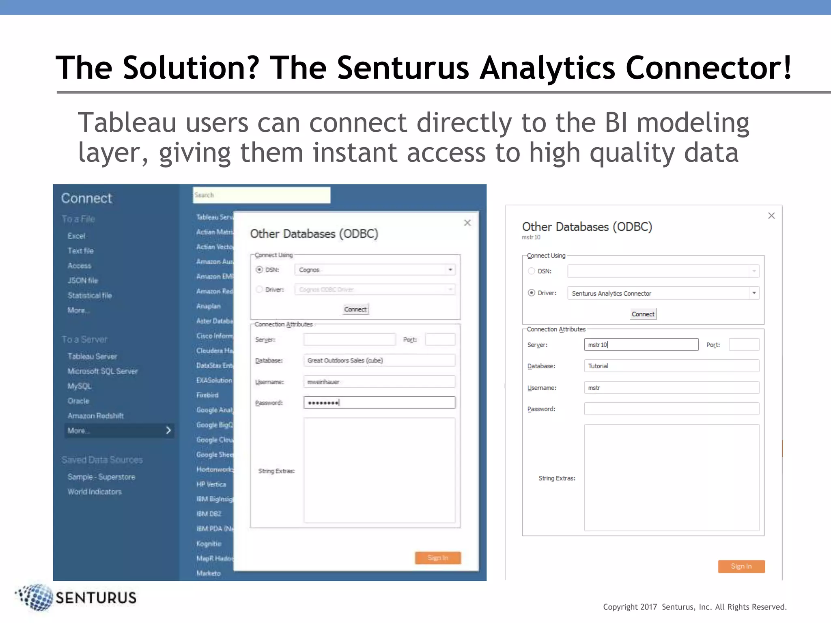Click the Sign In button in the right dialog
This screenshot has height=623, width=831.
(x=741, y=566)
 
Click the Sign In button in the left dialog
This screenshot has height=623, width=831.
(x=437, y=558)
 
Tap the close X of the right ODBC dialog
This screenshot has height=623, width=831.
(x=771, y=216)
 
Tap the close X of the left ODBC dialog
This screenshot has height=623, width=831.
(x=467, y=223)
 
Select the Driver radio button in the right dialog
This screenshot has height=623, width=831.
(x=532, y=293)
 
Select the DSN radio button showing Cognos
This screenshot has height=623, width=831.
(x=259, y=270)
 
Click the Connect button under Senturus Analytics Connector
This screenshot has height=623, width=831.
(x=643, y=314)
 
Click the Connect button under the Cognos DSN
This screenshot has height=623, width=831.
(x=355, y=309)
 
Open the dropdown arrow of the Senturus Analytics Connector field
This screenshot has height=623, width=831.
(x=754, y=293)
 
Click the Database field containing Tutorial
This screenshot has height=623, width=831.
(x=671, y=366)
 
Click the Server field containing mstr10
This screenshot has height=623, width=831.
(x=641, y=345)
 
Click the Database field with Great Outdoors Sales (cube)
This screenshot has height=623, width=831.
(x=379, y=360)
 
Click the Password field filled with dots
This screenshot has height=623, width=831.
(x=379, y=403)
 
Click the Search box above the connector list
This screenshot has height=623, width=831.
(x=261, y=195)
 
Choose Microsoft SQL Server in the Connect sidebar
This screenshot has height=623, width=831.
(x=103, y=371)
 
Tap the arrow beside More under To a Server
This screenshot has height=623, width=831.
(x=168, y=430)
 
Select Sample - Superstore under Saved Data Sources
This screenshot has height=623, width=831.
(x=101, y=477)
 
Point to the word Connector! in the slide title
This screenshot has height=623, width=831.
(x=708, y=68)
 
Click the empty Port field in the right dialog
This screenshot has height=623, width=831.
(x=744, y=345)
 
